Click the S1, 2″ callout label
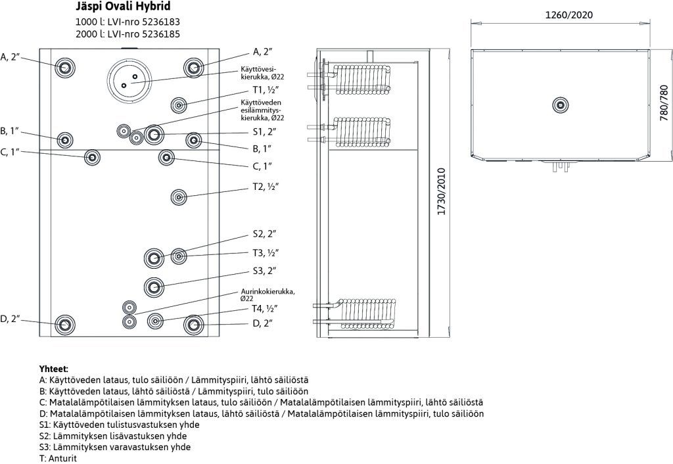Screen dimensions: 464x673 (x=264, y=132)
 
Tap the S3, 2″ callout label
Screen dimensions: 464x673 (x=264, y=270)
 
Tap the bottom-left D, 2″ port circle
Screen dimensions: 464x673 (x=64, y=324)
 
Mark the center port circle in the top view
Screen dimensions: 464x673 (x=560, y=104)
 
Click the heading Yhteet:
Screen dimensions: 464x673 (x=54, y=369)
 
